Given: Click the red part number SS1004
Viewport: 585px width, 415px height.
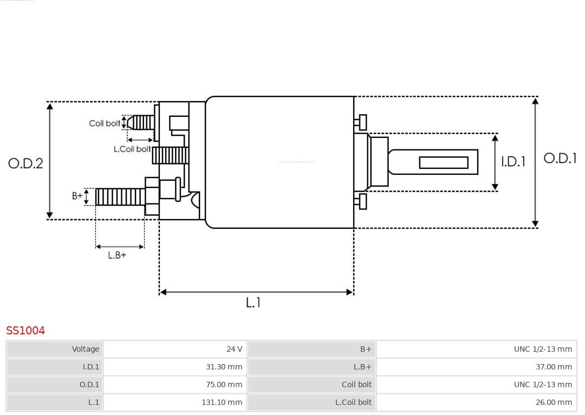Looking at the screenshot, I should pyautogui.click(x=25, y=330).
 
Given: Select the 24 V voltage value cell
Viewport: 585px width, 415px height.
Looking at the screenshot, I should pyautogui.click(x=175, y=349).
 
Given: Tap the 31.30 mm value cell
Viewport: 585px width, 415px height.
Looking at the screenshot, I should pyautogui.click(x=175, y=367).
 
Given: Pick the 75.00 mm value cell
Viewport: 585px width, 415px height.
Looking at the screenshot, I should pyautogui.click(x=175, y=385).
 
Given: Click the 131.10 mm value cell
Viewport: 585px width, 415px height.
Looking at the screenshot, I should pyautogui.click(x=175, y=403).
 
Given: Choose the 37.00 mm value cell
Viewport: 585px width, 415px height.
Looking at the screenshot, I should pyautogui.click(x=476, y=367).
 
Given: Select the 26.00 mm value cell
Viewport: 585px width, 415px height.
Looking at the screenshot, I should pyautogui.click(x=476, y=403).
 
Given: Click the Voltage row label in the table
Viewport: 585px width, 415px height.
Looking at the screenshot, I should pyautogui.click(x=55, y=349).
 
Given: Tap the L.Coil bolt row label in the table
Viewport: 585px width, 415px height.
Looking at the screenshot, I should pyautogui.click(x=311, y=403).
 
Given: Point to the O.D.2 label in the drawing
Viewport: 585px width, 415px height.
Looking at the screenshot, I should pyautogui.click(x=25, y=163).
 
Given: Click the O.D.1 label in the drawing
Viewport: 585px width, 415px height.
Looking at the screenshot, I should pyautogui.click(x=560, y=158).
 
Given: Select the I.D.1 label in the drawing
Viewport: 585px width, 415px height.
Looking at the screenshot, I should pyautogui.click(x=512, y=162).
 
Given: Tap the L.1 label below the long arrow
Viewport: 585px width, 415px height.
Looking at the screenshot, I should pyautogui.click(x=253, y=303).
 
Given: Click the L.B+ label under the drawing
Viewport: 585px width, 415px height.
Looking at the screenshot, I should pyautogui.click(x=116, y=255).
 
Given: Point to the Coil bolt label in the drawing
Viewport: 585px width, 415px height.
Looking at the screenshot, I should pyautogui.click(x=105, y=123).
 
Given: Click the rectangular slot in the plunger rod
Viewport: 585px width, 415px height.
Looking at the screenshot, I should pyautogui.click(x=444, y=162).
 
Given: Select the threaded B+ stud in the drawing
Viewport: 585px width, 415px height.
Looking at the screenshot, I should pyautogui.click(x=120, y=197).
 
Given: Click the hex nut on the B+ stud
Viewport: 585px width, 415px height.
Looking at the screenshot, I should pyautogui.click(x=152, y=196).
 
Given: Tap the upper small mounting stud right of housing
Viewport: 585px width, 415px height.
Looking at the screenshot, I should pyautogui.click(x=361, y=123).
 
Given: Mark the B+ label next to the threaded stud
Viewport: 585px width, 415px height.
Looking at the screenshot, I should pyautogui.click(x=77, y=196).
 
